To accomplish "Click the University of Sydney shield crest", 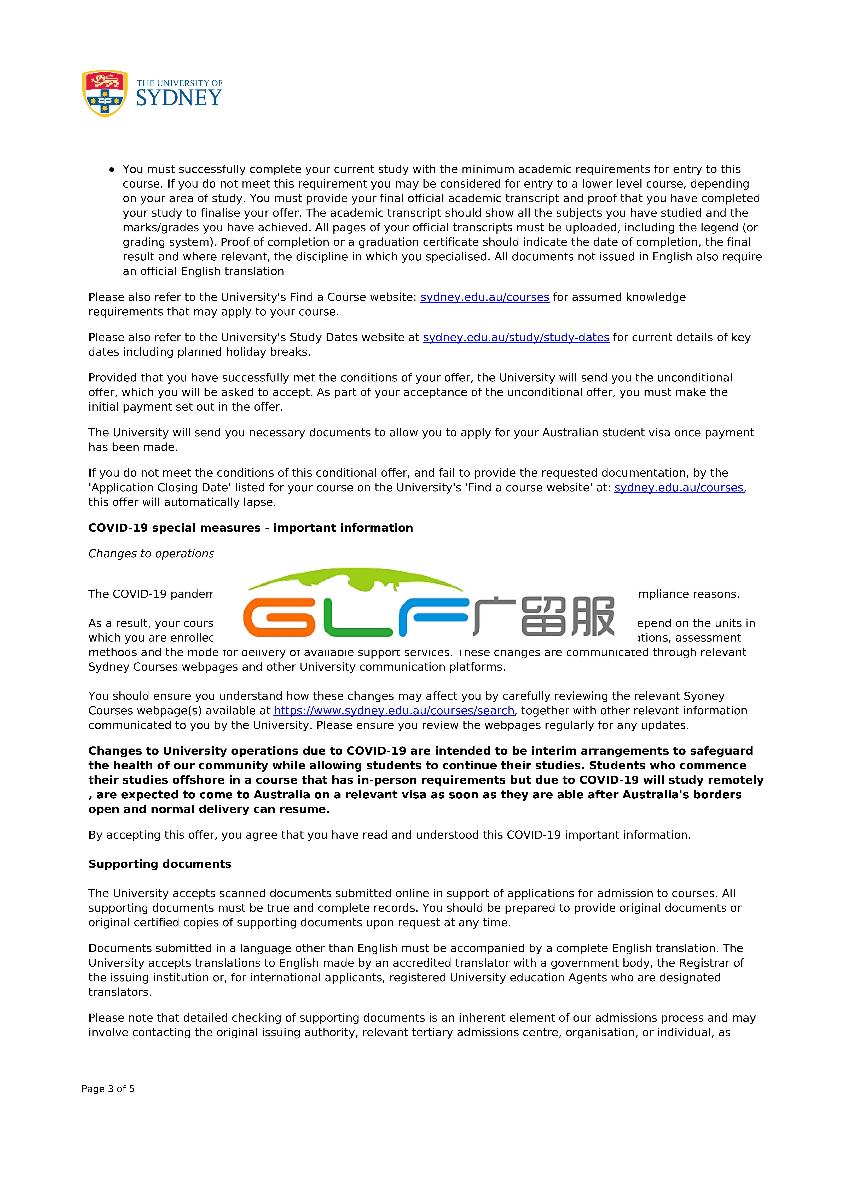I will (105, 93).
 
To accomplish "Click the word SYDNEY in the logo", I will (179, 98).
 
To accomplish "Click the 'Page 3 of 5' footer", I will (108, 1089).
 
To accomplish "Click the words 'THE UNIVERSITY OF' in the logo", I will (179, 83).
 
